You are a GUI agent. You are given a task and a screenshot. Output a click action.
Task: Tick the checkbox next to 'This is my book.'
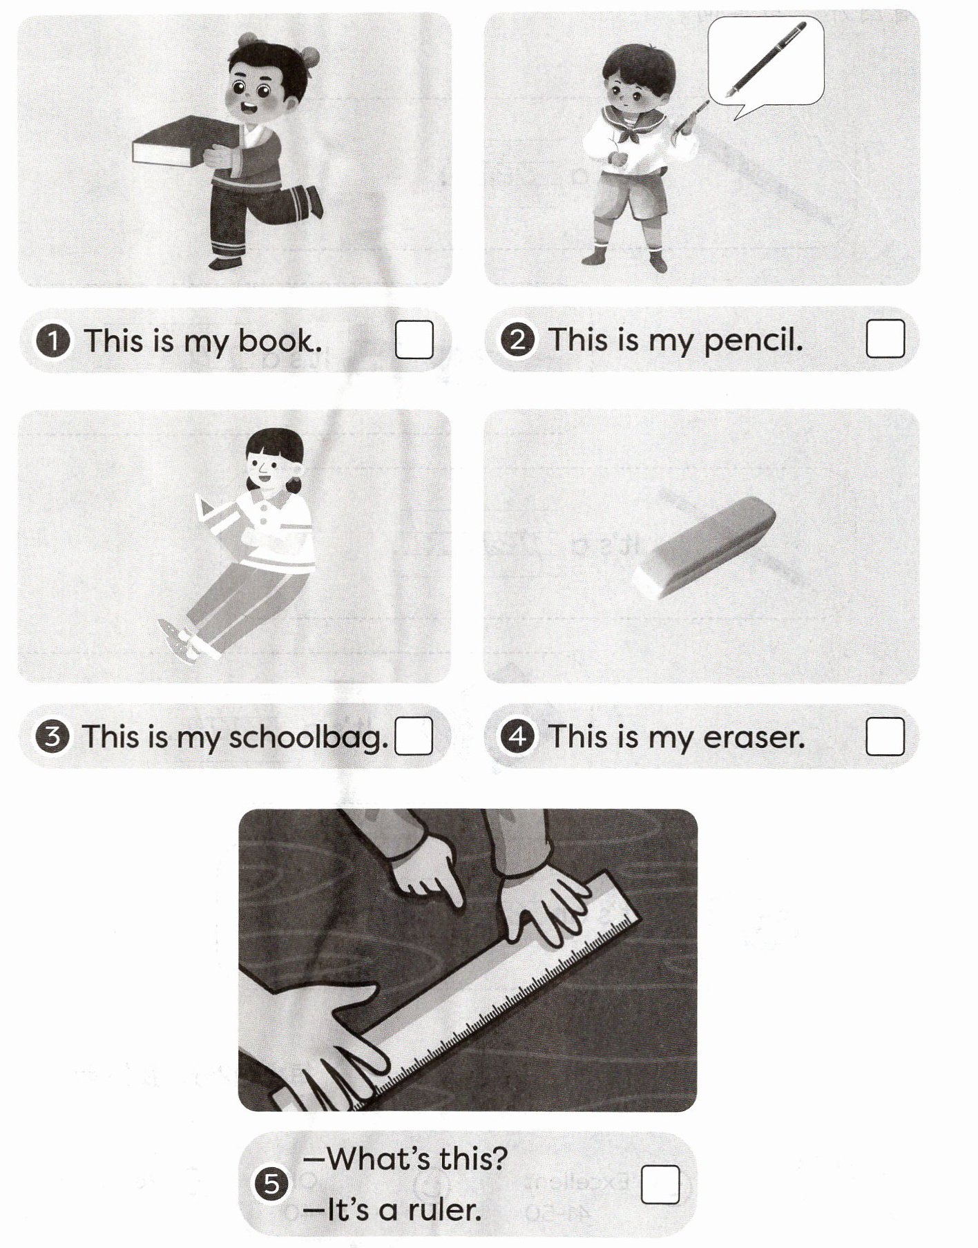414,340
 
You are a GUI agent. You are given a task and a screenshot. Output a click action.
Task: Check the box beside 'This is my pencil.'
885,338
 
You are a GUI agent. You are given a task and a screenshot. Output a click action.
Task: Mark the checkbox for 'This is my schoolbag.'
414,736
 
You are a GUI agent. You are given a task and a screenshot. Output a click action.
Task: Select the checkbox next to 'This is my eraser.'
885,736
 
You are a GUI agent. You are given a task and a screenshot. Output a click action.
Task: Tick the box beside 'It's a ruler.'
660,1185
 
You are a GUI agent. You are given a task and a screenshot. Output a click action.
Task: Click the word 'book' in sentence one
280,340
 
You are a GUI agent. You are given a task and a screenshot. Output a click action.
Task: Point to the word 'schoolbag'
308,738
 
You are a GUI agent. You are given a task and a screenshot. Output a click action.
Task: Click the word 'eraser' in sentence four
754,738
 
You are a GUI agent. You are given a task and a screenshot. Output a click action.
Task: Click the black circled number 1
52,341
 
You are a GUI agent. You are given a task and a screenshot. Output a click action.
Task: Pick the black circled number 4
518,737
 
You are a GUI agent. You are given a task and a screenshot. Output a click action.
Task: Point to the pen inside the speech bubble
765,59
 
